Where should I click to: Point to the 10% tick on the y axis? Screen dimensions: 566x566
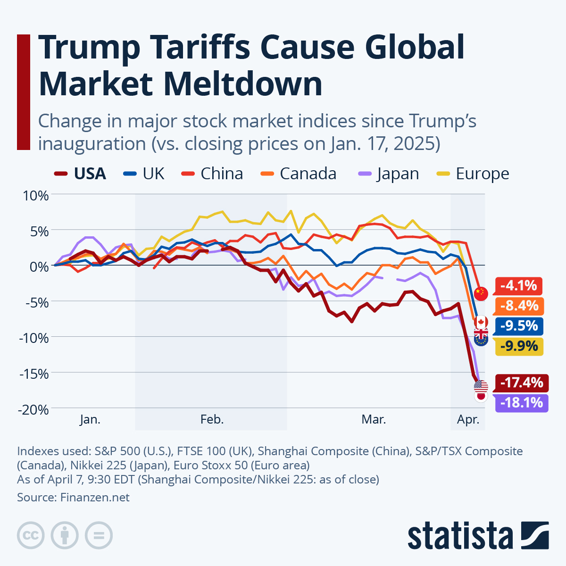[x=36, y=195]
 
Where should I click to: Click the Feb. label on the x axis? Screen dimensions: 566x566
[x=212, y=419]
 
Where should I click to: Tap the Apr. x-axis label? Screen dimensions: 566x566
[x=468, y=419]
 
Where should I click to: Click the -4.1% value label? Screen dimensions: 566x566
[x=518, y=286]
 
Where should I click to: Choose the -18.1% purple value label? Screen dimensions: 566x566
[x=521, y=403]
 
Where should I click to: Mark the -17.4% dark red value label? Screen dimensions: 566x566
[x=521, y=383]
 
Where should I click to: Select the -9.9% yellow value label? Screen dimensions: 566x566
[x=519, y=347]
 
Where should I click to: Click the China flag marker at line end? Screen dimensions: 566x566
[x=481, y=293]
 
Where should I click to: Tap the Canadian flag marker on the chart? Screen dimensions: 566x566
[x=481, y=322]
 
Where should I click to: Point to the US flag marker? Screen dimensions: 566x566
[x=481, y=386]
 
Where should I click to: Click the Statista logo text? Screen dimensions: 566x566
[x=460, y=536]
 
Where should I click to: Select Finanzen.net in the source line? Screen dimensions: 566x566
[x=94, y=498]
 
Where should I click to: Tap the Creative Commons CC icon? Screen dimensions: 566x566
[x=31, y=535]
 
